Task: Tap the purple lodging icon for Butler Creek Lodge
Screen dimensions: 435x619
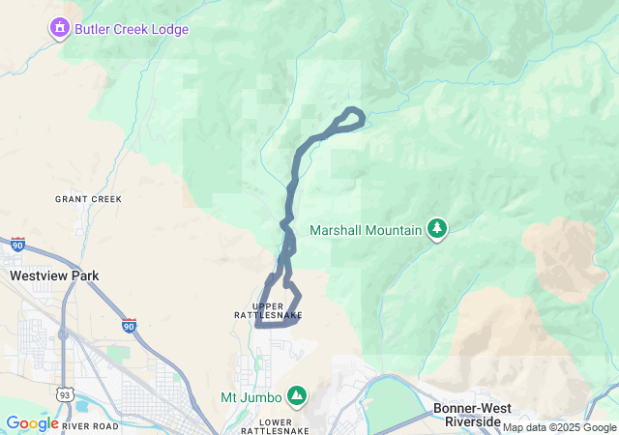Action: [x=61, y=29]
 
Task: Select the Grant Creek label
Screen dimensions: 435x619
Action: [x=88, y=199]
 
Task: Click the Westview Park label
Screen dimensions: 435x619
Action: [x=54, y=275]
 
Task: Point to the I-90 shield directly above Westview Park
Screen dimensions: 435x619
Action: [x=17, y=245]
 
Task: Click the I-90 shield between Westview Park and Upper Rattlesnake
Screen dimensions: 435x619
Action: [x=129, y=325]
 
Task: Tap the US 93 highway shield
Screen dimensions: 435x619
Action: [x=64, y=394]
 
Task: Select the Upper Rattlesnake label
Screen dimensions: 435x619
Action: [x=270, y=311]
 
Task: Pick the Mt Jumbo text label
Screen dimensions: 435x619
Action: [x=251, y=397]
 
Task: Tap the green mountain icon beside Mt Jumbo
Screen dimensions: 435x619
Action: [x=297, y=396]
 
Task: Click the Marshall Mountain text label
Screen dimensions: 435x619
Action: [x=366, y=230]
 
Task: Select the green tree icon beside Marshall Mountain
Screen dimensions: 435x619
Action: [x=438, y=229]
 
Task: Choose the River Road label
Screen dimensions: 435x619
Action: [x=90, y=426]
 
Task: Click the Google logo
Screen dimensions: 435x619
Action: [x=32, y=423]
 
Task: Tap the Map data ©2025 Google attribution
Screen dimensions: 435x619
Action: [x=558, y=427]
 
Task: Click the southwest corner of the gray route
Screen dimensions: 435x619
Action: [x=258, y=325]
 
